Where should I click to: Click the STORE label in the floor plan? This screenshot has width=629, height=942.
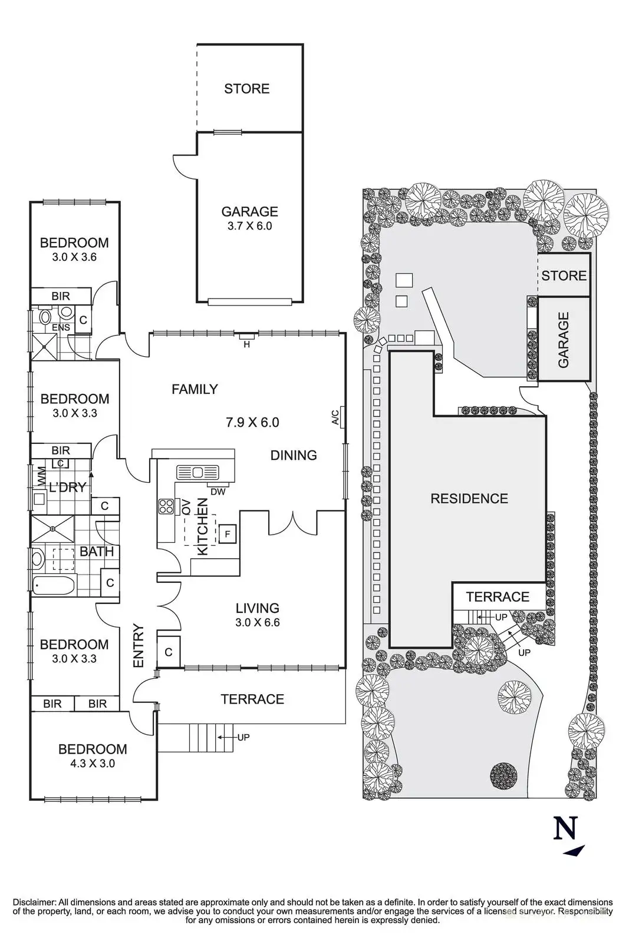point(247,89)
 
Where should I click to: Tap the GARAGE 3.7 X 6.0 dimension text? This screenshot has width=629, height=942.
point(250,226)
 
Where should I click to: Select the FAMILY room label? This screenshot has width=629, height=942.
point(195,389)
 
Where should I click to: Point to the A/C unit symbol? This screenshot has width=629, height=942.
point(343,416)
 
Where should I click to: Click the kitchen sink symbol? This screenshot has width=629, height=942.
point(197,472)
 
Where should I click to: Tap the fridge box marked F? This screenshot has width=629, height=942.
point(228,534)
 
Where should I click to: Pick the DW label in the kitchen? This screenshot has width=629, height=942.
point(218,491)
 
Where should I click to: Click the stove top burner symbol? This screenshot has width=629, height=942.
point(166,506)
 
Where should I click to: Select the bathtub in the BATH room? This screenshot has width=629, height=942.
point(54,585)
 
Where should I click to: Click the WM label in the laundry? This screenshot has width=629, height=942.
point(42,476)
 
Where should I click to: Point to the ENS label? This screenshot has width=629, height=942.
point(61,327)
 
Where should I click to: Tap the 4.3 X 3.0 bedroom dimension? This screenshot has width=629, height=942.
point(93,763)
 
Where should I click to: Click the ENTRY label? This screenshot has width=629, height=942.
point(139,646)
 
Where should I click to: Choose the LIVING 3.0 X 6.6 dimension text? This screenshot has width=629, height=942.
point(257,622)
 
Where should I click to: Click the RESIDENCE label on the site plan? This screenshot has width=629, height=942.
point(469,498)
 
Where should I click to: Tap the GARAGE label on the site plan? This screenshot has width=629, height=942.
point(564,339)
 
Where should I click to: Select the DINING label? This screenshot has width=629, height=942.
point(294,455)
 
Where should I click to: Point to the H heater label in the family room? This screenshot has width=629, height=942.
point(247,344)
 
